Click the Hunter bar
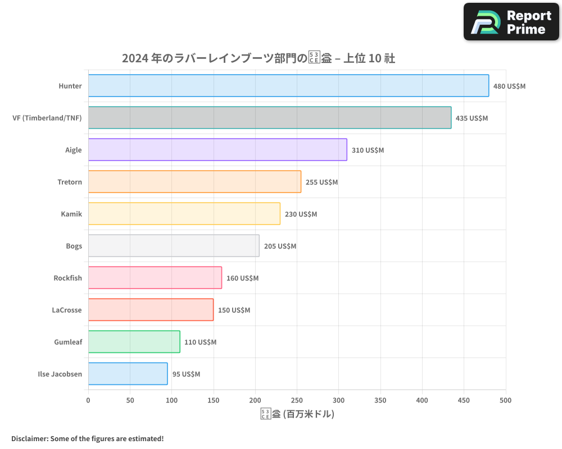pos(288,86)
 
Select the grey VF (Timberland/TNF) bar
pos(270,118)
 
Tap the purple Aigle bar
pos(217,150)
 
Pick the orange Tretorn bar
pos(194,182)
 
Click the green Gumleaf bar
pos(134,342)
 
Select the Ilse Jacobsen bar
pos(128,374)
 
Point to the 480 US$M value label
pos(509,86)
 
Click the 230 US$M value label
pos(301,214)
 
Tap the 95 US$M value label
pos(186,374)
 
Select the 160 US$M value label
pos(242,278)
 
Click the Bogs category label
pos(74,246)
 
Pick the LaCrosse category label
pos(67,310)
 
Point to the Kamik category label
pos(71,214)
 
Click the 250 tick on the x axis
pos(297,400)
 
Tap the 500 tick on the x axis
pos(505,400)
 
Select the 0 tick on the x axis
pos(88,400)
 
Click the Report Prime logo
pos(511,22)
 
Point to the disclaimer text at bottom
pos(88,438)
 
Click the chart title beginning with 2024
pos(259,58)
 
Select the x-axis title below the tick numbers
pos(297,414)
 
